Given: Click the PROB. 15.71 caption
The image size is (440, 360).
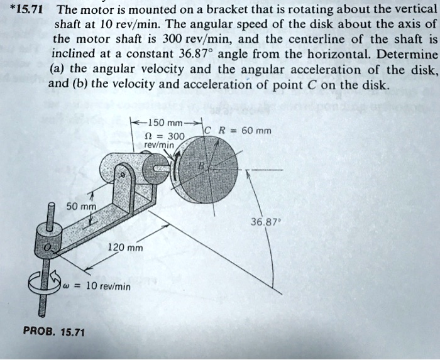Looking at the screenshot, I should click(53, 331).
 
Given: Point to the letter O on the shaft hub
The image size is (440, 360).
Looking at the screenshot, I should click(45, 248).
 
